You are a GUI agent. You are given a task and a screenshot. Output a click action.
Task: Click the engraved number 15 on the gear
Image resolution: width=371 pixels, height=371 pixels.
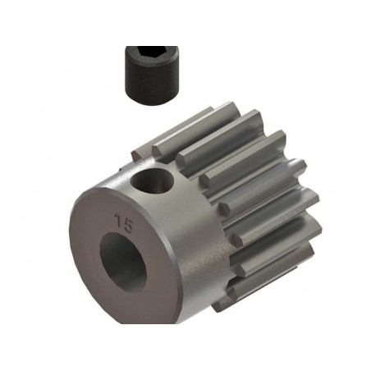point(124,223)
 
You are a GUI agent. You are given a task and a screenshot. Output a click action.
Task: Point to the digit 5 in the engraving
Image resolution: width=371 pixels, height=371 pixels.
point(127,226)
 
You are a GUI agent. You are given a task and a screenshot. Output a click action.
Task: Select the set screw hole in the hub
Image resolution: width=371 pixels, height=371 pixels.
point(152,181)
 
